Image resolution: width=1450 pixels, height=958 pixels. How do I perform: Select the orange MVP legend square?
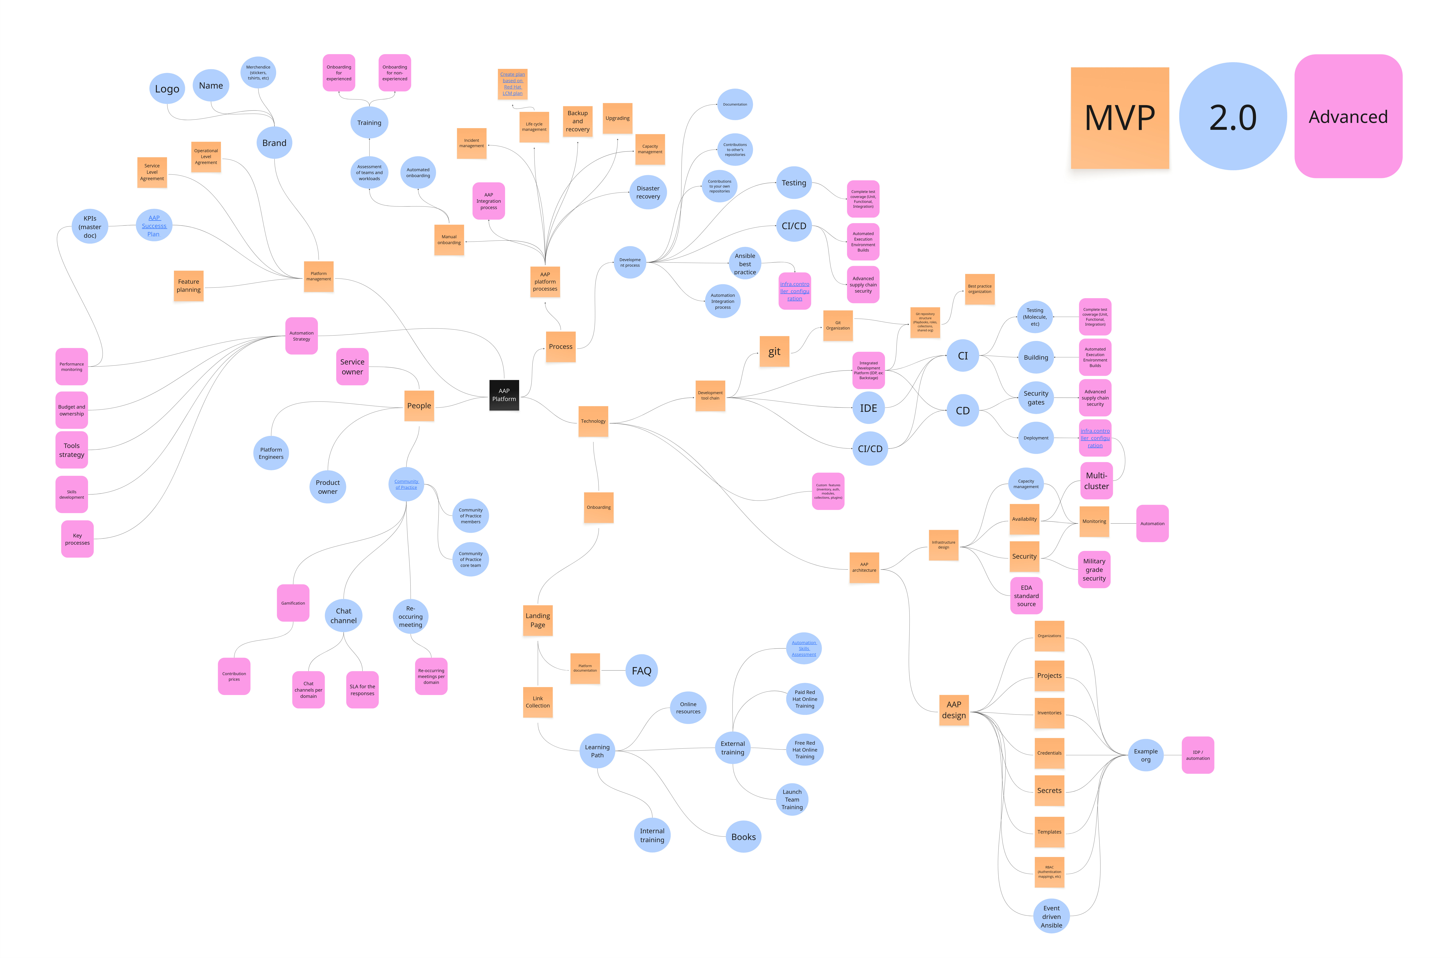[1119, 118]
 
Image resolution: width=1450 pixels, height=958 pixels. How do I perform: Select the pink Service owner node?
[352, 367]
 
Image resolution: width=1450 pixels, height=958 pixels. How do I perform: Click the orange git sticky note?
[774, 351]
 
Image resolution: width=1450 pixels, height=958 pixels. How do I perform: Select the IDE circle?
[868, 408]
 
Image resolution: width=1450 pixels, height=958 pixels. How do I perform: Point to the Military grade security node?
[1094, 569]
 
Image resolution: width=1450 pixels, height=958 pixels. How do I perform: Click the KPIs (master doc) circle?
[90, 227]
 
